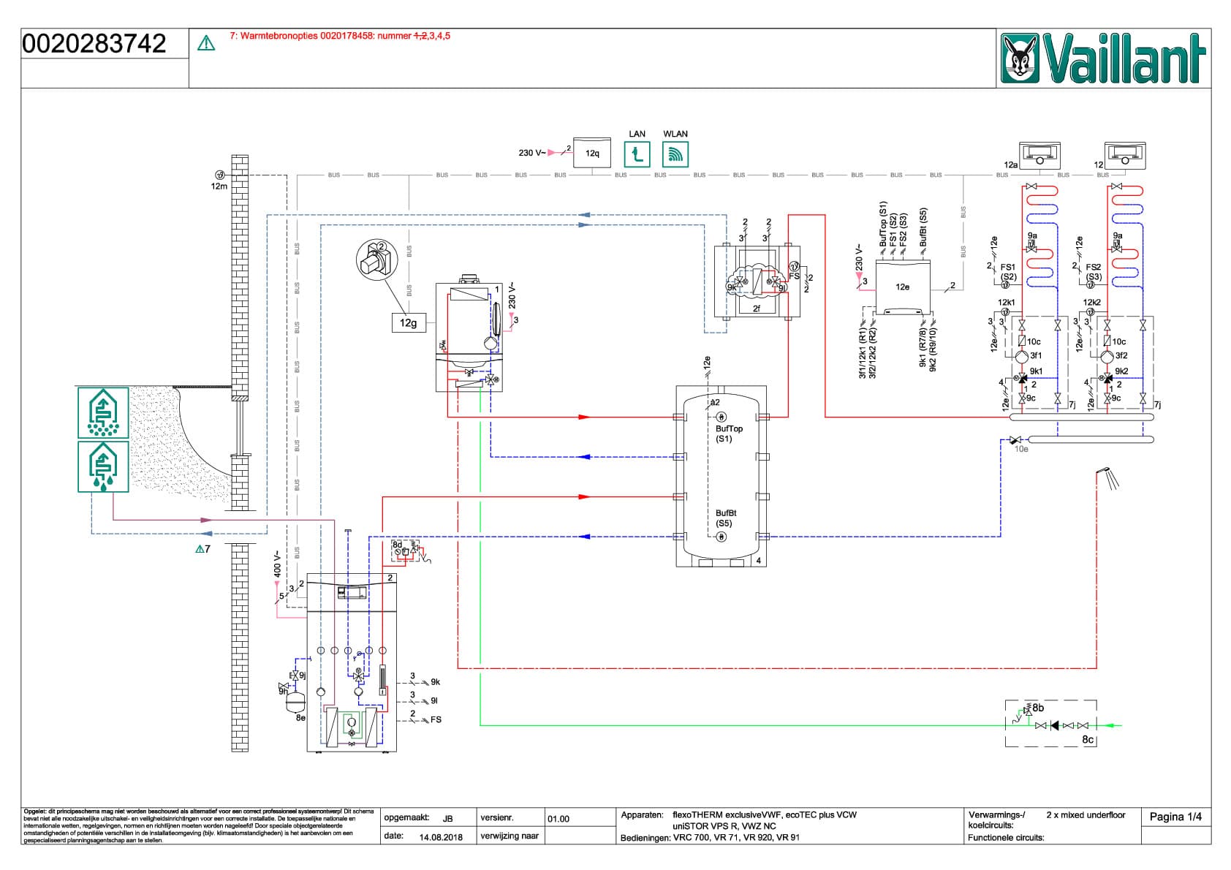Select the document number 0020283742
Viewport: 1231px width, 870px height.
pos(94,44)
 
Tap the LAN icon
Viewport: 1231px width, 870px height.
pos(637,155)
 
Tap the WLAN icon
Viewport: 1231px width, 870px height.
pos(675,155)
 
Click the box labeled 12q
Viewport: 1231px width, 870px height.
pos(592,154)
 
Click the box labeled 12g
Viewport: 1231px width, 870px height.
pos(408,322)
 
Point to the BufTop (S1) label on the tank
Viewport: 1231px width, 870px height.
pos(729,434)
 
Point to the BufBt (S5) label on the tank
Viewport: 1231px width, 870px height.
pos(726,518)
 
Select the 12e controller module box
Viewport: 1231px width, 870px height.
pos(903,287)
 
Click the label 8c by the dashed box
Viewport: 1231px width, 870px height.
pos(1088,739)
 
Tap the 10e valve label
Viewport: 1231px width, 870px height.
pos(1021,449)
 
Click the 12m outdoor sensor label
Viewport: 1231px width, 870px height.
pos(219,186)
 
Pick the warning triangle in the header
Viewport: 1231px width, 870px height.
pos(207,44)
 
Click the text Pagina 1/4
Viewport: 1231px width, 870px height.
pos(1175,817)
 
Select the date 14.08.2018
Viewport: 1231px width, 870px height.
pos(441,837)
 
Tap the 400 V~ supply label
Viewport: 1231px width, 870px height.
pos(278,564)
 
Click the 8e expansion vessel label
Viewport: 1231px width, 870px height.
pos(300,719)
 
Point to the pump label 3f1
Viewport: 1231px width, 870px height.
pos(1036,356)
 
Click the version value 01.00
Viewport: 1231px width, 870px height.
pos(558,819)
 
